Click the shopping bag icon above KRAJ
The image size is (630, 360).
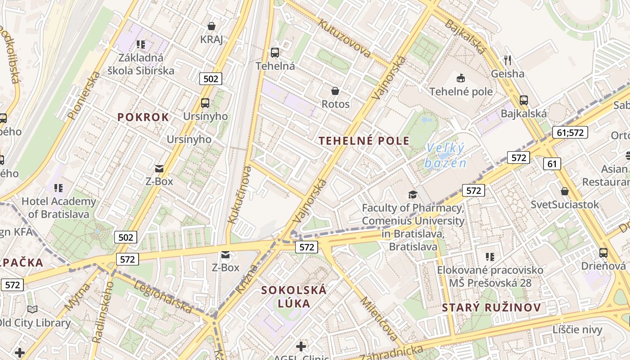click(211, 26)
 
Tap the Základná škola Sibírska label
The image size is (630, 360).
click(141, 64)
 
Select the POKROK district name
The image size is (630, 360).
click(143, 117)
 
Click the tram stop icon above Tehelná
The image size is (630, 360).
click(275, 53)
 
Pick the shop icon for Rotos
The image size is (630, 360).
click(335, 91)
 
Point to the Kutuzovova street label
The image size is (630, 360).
click(345, 38)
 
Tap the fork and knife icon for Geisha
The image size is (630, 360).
click(508, 60)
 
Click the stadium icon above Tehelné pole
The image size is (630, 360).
click(460, 78)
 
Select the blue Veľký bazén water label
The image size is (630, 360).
click(445, 155)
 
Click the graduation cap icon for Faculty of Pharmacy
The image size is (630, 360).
click(413, 195)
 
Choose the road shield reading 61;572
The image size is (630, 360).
click(570, 132)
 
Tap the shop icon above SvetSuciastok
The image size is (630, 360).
click(565, 192)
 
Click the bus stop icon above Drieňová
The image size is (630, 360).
click(603, 253)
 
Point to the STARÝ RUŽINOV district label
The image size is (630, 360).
click(491, 308)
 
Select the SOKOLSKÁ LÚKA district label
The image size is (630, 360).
click(294, 296)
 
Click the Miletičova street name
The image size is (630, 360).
click(379, 319)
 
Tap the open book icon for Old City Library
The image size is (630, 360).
click(32, 310)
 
